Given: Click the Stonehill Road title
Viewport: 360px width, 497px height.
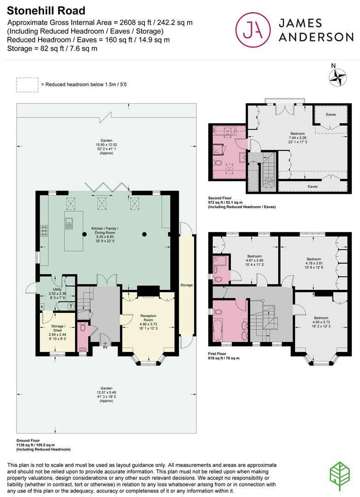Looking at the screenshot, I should coord(46,10).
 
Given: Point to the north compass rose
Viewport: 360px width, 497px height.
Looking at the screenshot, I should coord(339,76).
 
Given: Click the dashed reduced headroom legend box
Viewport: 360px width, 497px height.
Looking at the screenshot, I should coord(27,85).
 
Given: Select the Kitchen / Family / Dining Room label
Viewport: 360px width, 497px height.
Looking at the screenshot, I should coord(105,234).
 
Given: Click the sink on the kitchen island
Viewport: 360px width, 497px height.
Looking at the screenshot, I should coord(70,223).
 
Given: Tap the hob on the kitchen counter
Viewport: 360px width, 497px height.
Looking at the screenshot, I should coord(45,230).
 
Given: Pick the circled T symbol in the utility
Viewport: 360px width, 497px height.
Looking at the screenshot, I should coord(71,306).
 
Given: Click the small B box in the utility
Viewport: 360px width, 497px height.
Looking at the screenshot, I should coord(42,306).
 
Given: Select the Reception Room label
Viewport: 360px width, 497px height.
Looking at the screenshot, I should coord(149,321).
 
